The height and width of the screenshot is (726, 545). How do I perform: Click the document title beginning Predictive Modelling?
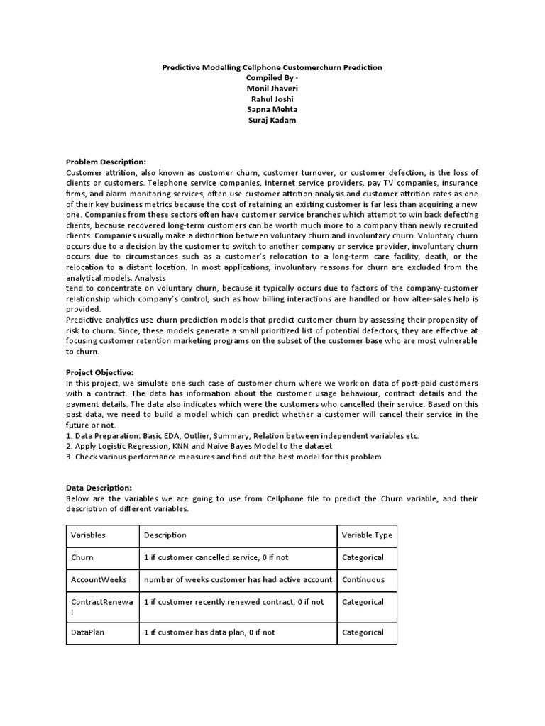272,67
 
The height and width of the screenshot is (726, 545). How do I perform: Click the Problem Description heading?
106,162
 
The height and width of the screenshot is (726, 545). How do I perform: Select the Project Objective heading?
100,372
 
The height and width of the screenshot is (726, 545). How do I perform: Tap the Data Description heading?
99,488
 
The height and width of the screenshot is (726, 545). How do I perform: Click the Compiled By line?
272,77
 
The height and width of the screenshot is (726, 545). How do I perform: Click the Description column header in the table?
165,535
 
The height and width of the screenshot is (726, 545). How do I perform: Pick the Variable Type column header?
366,535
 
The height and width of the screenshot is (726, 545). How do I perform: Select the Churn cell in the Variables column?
82,557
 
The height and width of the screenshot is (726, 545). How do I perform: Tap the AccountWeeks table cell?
99,579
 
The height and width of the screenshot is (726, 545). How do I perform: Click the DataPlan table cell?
88,632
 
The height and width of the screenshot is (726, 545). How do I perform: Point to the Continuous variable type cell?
363,579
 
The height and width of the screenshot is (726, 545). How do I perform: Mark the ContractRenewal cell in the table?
101,606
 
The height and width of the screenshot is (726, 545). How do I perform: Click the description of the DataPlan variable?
209,632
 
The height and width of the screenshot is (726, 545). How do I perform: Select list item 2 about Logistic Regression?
199,446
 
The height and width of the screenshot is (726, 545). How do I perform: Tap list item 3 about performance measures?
224,457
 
